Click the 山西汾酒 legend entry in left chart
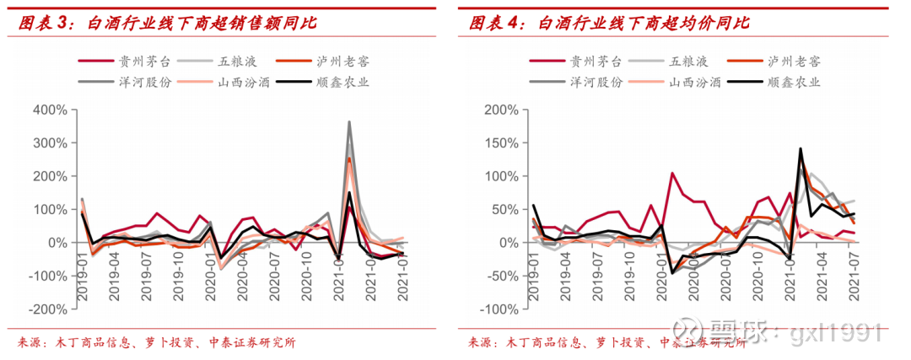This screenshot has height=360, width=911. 244,83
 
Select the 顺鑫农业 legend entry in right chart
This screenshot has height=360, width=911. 793,83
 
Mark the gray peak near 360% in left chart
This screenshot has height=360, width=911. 349,122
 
